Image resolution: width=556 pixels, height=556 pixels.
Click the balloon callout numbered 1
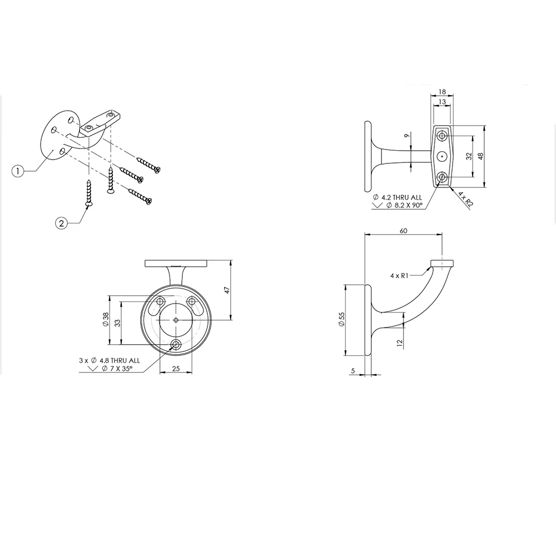tap(18, 171)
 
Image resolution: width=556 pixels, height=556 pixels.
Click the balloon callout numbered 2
tap(61, 223)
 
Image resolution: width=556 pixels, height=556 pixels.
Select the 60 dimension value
tap(404, 231)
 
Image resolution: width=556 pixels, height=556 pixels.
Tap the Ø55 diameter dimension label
tap(341, 320)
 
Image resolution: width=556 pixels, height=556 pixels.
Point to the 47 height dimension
tap(227, 290)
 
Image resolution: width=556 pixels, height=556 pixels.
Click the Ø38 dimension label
tap(105, 320)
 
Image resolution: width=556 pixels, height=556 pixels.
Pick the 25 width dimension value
tap(176, 369)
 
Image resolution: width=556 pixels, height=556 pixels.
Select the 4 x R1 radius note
tap(399, 276)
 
